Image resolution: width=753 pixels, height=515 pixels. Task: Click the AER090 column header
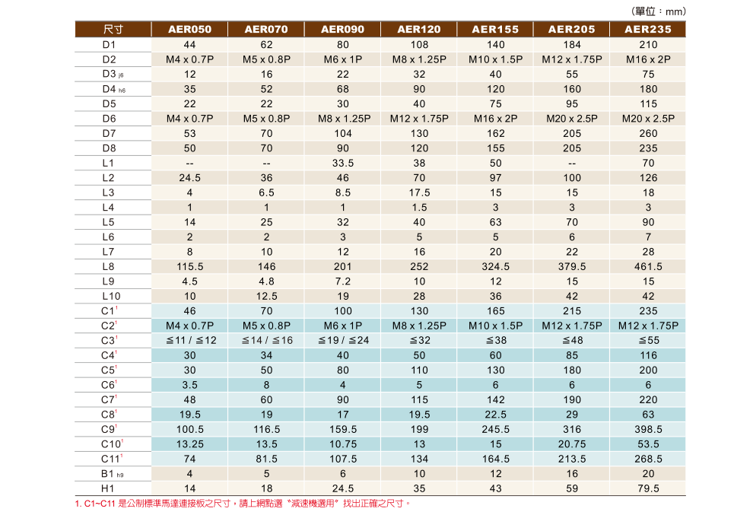pyautogui.click(x=342, y=30)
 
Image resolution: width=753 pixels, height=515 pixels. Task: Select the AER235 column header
pyautogui.click(x=647, y=30)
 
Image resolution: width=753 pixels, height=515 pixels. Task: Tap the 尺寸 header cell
pyautogui.click(x=113, y=30)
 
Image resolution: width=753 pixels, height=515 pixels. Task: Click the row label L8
pyautogui.click(x=108, y=266)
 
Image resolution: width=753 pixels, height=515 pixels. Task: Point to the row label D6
pyautogui.click(x=109, y=119)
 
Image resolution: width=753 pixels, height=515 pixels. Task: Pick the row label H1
pyautogui.click(x=108, y=488)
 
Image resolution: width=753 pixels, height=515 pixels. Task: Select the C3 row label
pyautogui.click(x=109, y=340)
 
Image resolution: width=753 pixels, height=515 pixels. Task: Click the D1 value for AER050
pyautogui.click(x=189, y=45)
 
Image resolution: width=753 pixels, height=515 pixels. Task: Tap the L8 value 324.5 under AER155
pyautogui.click(x=495, y=266)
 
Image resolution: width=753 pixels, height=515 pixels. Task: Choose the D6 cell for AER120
pyautogui.click(x=419, y=119)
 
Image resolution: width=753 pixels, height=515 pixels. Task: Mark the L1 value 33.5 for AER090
pyautogui.click(x=342, y=163)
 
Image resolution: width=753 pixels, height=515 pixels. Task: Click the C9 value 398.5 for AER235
pyautogui.click(x=647, y=429)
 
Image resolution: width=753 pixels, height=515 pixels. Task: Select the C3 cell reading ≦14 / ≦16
pyautogui.click(x=266, y=340)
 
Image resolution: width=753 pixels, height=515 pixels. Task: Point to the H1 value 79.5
pyautogui.click(x=647, y=488)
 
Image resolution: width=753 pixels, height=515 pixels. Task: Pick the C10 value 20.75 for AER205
pyautogui.click(x=571, y=443)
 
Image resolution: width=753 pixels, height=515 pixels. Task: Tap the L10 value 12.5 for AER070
pyautogui.click(x=266, y=296)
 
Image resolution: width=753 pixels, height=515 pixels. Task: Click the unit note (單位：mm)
pyautogui.click(x=659, y=11)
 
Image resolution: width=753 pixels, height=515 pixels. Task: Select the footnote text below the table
pyautogui.click(x=243, y=504)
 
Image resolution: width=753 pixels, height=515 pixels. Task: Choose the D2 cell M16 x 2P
pyautogui.click(x=647, y=59)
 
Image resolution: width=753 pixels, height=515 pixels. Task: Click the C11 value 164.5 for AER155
pyautogui.click(x=495, y=459)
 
